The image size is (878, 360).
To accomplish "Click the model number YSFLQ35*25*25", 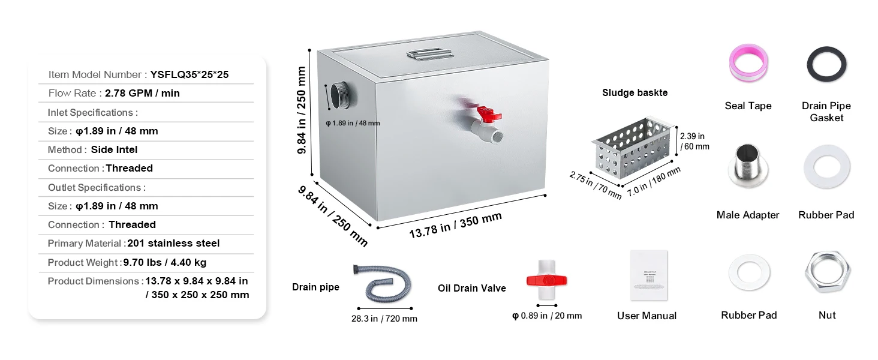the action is click(189, 75).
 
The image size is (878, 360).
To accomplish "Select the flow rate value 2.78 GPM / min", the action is click(142, 93).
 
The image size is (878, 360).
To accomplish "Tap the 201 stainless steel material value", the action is click(173, 243).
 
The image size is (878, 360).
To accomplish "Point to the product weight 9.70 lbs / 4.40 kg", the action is click(164, 262).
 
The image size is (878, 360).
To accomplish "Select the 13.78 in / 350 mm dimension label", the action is click(455, 225).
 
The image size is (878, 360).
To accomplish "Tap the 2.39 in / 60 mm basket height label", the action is click(694, 141).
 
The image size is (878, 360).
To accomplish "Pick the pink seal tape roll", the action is click(748, 63).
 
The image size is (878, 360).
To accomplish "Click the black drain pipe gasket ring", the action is click(826, 65).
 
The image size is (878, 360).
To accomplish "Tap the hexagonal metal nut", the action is click(827, 272).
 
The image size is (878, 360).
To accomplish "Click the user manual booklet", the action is click(648, 275).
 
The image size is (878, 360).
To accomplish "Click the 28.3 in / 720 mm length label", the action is click(384, 319).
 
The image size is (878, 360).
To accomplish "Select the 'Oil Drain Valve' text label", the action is click(471, 289).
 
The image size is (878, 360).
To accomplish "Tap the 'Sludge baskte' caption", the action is click(635, 93).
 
